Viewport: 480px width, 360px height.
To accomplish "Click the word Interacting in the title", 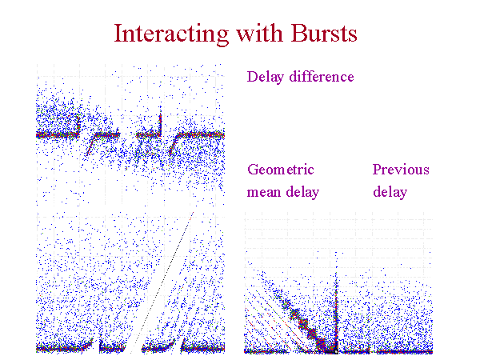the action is [171, 34].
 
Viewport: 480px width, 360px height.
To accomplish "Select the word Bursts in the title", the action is [324, 33].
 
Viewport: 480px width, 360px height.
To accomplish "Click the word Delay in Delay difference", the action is [265, 77].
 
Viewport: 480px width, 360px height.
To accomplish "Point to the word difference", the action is [322, 76].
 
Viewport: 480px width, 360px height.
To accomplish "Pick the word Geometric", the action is [281, 170].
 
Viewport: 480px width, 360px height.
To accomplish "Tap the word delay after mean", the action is [302, 192].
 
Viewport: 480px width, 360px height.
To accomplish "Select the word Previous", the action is [401, 170].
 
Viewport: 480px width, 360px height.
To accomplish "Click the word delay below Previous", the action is [390, 192].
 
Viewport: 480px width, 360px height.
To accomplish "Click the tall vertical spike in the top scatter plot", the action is [161, 124].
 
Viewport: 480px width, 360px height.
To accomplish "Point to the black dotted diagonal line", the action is [162, 282].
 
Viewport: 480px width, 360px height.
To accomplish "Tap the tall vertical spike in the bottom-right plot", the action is [336, 302].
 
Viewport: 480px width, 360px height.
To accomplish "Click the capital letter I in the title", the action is [118, 33].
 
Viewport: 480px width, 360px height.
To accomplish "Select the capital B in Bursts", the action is [298, 33].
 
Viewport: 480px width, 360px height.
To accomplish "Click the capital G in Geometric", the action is [253, 170].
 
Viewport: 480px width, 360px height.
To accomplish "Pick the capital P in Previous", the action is [377, 170].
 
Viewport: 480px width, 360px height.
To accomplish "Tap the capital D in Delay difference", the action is [252, 77].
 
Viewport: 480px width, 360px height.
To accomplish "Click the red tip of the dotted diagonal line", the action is [192, 214].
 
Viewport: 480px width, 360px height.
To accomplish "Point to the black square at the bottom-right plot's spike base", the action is [336, 352].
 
